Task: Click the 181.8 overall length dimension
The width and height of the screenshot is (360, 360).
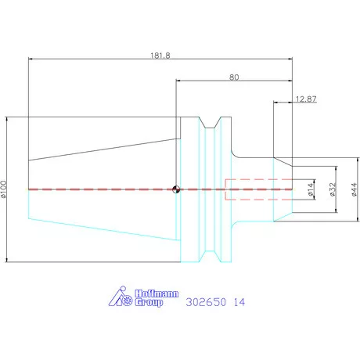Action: click(x=160, y=56)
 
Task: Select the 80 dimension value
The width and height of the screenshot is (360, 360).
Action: click(x=234, y=77)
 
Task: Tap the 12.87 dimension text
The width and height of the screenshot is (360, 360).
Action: click(x=306, y=99)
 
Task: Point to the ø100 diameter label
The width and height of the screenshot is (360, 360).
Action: click(x=3, y=189)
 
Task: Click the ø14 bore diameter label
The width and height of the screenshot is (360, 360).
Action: click(x=310, y=189)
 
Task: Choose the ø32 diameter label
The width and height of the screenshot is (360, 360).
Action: click(x=332, y=189)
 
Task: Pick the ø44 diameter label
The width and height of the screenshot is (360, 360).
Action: click(x=354, y=189)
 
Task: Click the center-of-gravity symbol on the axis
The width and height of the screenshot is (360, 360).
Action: click(x=176, y=189)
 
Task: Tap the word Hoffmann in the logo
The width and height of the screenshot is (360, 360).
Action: click(x=157, y=293)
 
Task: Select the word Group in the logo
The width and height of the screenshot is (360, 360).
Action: click(x=149, y=302)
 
